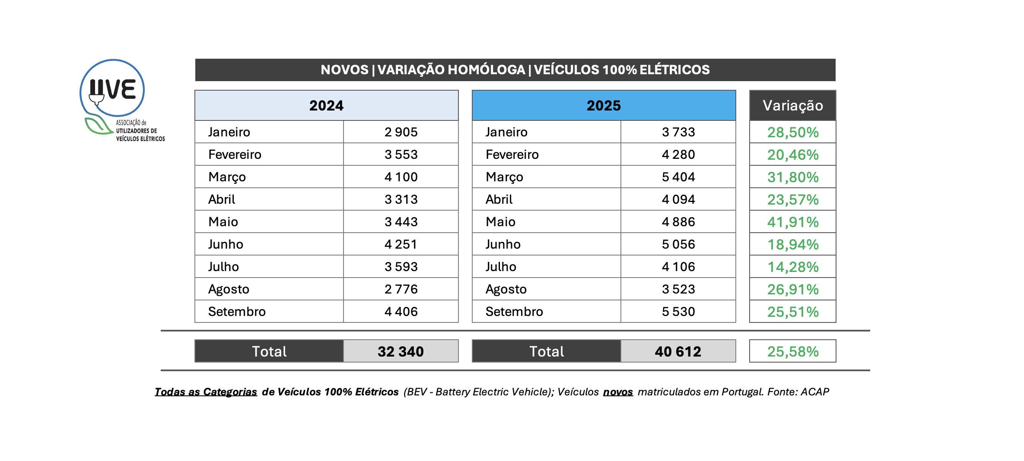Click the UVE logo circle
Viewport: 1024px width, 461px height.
click(x=112, y=88)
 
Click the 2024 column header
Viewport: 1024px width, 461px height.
click(x=326, y=105)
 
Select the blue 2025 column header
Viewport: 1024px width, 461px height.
click(x=604, y=105)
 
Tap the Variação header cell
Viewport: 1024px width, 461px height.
click(x=792, y=105)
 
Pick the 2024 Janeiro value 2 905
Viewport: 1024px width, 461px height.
click(x=401, y=132)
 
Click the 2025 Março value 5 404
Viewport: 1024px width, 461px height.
click(x=678, y=177)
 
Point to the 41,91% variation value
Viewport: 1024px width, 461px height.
click(x=793, y=222)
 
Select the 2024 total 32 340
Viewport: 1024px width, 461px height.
click(x=401, y=351)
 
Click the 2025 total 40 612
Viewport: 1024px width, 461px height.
click(x=678, y=351)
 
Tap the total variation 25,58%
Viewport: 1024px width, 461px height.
click(x=793, y=351)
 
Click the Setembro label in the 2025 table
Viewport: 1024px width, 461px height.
click(x=514, y=312)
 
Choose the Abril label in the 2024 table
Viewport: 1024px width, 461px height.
click(x=222, y=199)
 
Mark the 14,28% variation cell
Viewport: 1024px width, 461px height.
click(x=793, y=267)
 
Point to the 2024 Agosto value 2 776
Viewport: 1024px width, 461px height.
click(x=401, y=289)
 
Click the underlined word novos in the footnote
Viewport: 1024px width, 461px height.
click(x=618, y=392)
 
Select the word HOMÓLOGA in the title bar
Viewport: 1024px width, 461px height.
click(x=451, y=70)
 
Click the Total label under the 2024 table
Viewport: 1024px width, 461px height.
click(x=269, y=351)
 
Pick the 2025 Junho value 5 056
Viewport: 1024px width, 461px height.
click(x=678, y=244)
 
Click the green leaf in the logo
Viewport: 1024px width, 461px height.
click(x=98, y=125)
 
